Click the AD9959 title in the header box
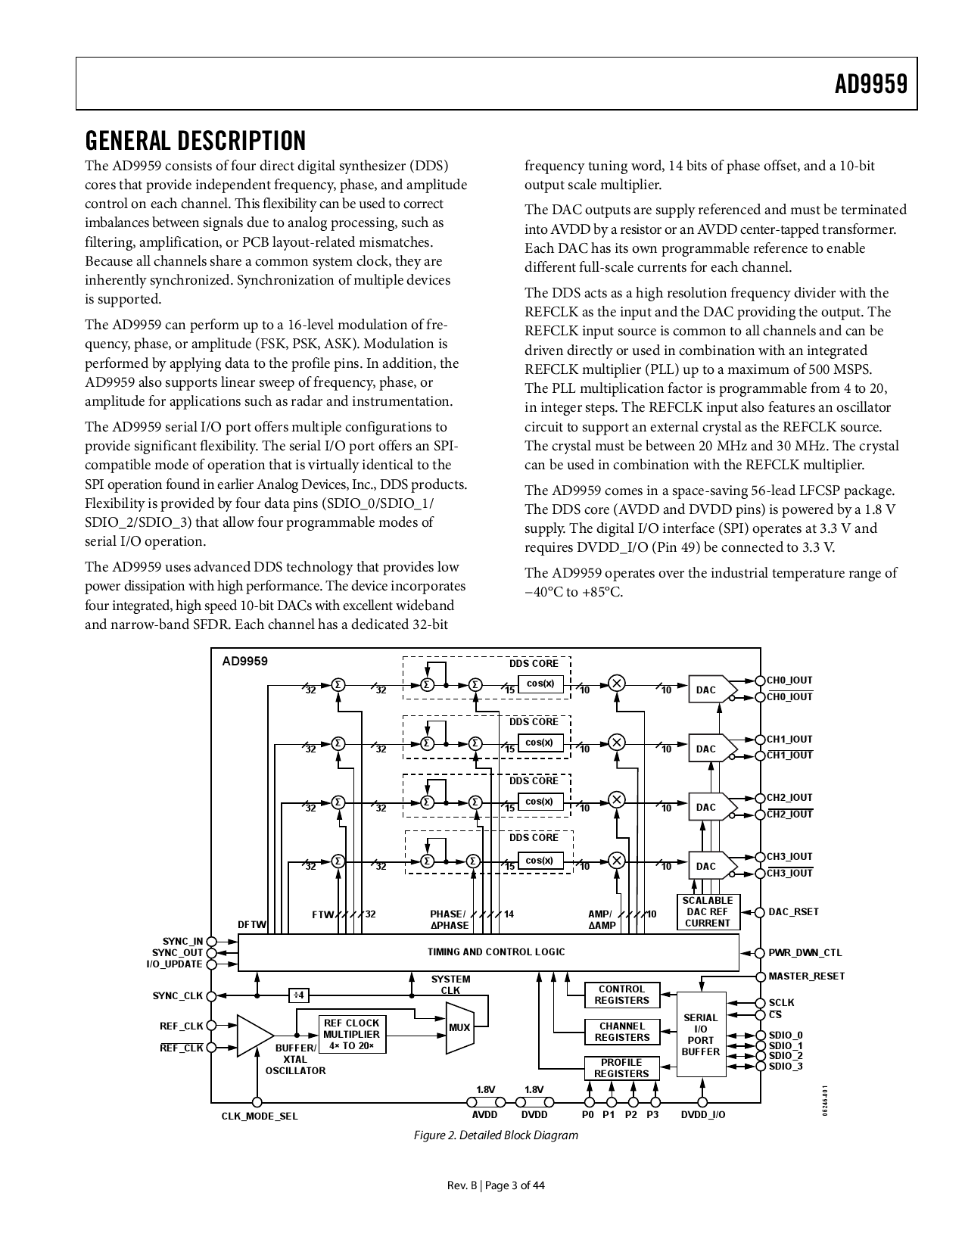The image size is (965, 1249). pos(870,84)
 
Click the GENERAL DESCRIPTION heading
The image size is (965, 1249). pos(195,141)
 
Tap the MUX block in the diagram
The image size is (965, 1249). pos(459,1027)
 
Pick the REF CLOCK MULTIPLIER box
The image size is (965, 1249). pos(352,1034)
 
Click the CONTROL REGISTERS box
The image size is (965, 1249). pos(621,995)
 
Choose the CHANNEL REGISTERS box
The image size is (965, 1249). pos(621,1032)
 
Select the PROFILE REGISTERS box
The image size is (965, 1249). pos(621,1068)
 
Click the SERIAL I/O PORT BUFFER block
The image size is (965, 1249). pos(700,1034)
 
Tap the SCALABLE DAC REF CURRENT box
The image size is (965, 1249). pos(707,912)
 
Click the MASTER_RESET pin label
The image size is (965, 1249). pos(806,976)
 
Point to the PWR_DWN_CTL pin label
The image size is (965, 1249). pos(805,953)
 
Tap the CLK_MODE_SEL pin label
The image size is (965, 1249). pos(260,1116)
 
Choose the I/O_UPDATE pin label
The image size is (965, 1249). pos(174,964)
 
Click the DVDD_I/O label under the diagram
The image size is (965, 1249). pos(702,1115)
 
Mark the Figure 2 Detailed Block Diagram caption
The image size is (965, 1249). pos(496,1135)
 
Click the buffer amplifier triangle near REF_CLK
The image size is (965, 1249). pos(254,1036)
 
